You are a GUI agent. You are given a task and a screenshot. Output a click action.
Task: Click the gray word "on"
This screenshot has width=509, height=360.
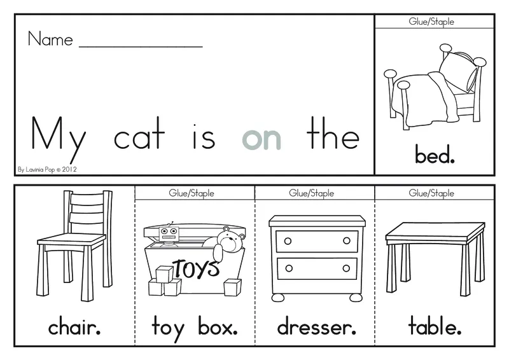coord(261,139)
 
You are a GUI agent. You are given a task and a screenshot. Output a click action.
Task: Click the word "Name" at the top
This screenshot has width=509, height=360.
coord(50,39)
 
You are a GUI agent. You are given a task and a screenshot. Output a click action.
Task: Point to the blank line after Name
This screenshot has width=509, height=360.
coord(141,47)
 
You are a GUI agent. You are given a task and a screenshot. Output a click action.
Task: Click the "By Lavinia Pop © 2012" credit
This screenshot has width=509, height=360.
coord(47,169)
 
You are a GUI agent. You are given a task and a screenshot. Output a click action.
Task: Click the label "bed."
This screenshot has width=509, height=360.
coord(435,155)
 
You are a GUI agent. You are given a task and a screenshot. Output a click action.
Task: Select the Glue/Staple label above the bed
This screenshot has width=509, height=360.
coord(431,22)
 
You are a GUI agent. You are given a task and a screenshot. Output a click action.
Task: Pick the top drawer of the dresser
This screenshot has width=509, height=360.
coord(317,241)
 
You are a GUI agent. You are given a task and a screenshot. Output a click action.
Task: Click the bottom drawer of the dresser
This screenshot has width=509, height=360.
coord(317,268)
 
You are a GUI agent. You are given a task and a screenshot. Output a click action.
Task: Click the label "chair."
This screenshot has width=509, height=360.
coord(74,327)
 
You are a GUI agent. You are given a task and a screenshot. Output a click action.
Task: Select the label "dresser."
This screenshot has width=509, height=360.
coord(316,327)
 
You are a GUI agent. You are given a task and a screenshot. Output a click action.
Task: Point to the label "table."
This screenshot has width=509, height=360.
coord(435,326)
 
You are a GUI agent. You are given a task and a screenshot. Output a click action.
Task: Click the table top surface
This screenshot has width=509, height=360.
coord(435,232)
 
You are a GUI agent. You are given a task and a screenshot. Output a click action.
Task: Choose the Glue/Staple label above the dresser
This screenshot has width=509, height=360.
coord(311,193)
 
